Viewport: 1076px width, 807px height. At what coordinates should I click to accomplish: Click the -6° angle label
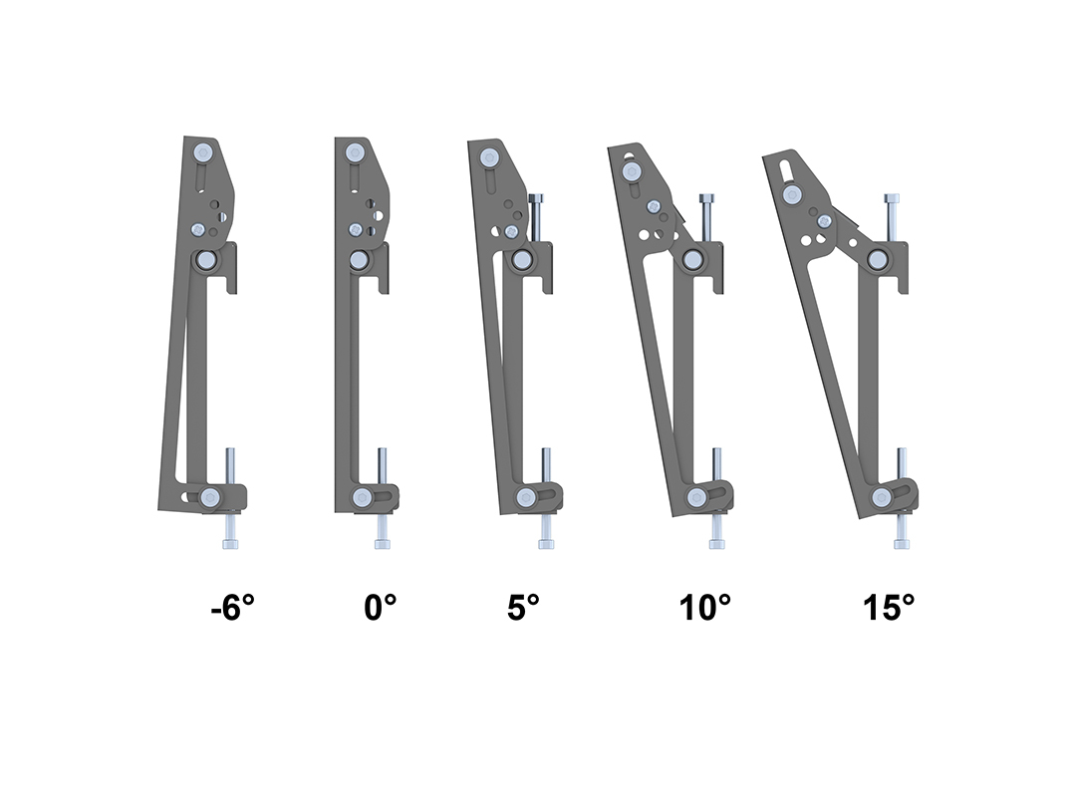click(233, 607)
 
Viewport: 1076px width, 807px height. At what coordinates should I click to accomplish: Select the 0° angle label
click(380, 607)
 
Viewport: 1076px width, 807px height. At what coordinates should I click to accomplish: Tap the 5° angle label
click(522, 607)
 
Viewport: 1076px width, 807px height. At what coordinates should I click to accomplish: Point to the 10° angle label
click(705, 607)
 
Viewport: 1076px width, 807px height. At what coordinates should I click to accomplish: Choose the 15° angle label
click(889, 607)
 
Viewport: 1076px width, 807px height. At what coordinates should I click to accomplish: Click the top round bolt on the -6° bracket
click(204, 153)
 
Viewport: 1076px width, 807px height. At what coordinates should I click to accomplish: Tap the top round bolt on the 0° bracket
click(354, 153)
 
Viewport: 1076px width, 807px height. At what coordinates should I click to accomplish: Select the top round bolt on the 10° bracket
click(631, 172)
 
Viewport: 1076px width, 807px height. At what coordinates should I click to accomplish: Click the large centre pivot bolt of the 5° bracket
click(520, 260)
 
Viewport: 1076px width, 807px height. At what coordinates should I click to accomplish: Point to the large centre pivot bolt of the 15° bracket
click(878, 260)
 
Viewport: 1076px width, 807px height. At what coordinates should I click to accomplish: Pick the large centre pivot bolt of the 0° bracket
click(358, 260)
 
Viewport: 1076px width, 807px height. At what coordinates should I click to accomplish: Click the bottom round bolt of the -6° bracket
click(210, 497)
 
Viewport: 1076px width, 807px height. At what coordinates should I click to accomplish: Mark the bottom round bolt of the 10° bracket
click(697, 498)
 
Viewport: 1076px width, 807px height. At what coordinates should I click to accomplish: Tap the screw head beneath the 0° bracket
click(382, 543)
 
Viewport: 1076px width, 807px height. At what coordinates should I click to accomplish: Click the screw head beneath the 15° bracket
click(901, 543)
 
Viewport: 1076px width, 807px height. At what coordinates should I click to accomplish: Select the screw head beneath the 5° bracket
click(546, 543)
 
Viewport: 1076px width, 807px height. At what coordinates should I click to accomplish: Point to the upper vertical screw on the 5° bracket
click(535, 213)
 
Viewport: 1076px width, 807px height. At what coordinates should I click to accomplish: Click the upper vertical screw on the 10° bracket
click(706, 213)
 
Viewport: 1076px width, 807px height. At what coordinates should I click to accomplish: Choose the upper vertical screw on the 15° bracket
click(894, 213)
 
